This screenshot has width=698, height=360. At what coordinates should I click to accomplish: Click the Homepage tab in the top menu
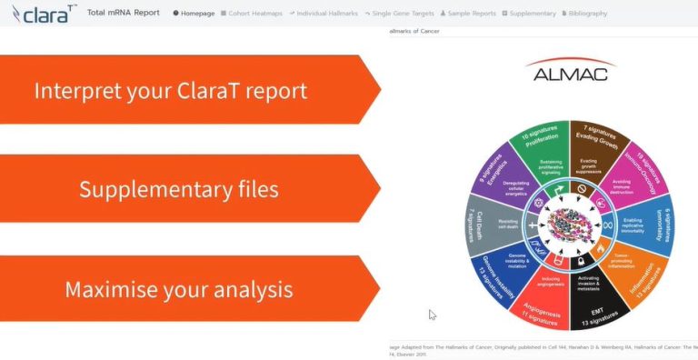pyautogui.click(x=193, y=14)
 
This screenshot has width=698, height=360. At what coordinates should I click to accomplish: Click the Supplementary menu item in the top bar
pyautogui.click(x=528, y=14)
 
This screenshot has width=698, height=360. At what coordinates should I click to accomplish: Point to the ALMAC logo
pyautogui.click(x=571, y=73)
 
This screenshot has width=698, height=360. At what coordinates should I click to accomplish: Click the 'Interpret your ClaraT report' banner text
pyautogui.click(x=170, y=91)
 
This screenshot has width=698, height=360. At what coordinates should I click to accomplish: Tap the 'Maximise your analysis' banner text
pyautogui.click(x=178, y=289)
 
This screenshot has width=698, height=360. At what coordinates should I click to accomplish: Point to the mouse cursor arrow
pyautogui.click(x=433, y=315)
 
